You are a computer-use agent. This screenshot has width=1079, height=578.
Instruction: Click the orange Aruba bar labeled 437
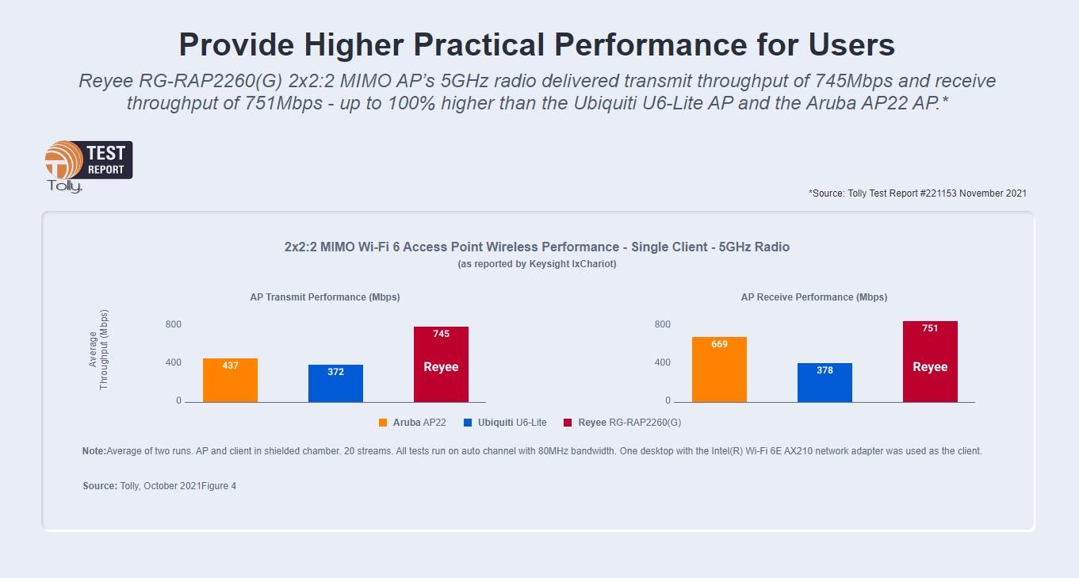tap(230, 380)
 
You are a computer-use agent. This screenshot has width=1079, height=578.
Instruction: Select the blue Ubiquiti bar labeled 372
tap(335, 384)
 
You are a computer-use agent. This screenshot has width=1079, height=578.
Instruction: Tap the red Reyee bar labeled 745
tap(442, 365)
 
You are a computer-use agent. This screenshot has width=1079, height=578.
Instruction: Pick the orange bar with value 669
tap(719, 369)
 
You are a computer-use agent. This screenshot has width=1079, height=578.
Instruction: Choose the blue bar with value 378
tap(825, 382)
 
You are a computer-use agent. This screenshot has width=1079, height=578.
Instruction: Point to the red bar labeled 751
tap(930, 362)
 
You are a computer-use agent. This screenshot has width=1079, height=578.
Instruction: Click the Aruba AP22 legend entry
tap(412, 423)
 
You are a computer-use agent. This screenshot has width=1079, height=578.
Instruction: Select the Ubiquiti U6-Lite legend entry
tap(505, 423)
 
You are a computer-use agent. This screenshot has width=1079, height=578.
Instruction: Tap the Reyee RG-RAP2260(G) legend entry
tap(622, 423)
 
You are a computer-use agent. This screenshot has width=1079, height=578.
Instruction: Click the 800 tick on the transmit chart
tap(174, 324)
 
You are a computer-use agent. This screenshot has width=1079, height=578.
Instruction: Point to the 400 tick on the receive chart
tap(662, 362)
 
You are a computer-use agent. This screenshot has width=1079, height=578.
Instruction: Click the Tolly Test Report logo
tap(89, 167)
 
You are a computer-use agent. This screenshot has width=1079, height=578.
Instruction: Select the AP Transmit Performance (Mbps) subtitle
tap(325, 297)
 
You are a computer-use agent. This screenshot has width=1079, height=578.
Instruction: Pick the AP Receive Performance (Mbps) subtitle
tap(814, 297)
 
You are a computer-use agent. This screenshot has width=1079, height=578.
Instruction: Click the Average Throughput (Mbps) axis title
tap(98, 349)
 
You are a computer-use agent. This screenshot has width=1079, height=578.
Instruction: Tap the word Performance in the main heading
tap(651, 44)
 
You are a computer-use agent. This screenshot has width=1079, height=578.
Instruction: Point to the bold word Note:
tap(94, 451)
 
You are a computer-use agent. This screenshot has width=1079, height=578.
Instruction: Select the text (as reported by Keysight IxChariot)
tap(537, 264)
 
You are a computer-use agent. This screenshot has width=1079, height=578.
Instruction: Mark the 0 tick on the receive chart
tap(668, 400)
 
